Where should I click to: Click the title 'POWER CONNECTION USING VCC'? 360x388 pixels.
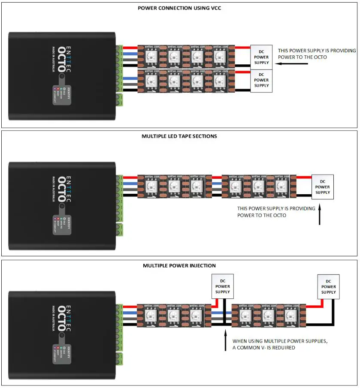tap(179, 8)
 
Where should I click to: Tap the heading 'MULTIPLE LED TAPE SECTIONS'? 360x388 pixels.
tap(179, 136)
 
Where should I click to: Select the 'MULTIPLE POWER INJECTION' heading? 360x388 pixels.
tap(179, 266)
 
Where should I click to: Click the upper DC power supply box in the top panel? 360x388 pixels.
tap(261, 57)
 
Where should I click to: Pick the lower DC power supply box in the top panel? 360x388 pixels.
tap(261, 80)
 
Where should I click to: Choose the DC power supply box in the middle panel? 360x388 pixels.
tap(323, 187)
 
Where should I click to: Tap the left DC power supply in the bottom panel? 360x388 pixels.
tap(222, 286)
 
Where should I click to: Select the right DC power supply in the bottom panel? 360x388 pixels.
tap(329, 286)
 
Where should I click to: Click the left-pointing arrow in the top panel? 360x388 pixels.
tap(292, 64)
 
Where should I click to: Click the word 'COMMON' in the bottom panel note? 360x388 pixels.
tap(250, 348)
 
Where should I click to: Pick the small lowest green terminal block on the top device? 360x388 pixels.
tap(119, 100)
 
